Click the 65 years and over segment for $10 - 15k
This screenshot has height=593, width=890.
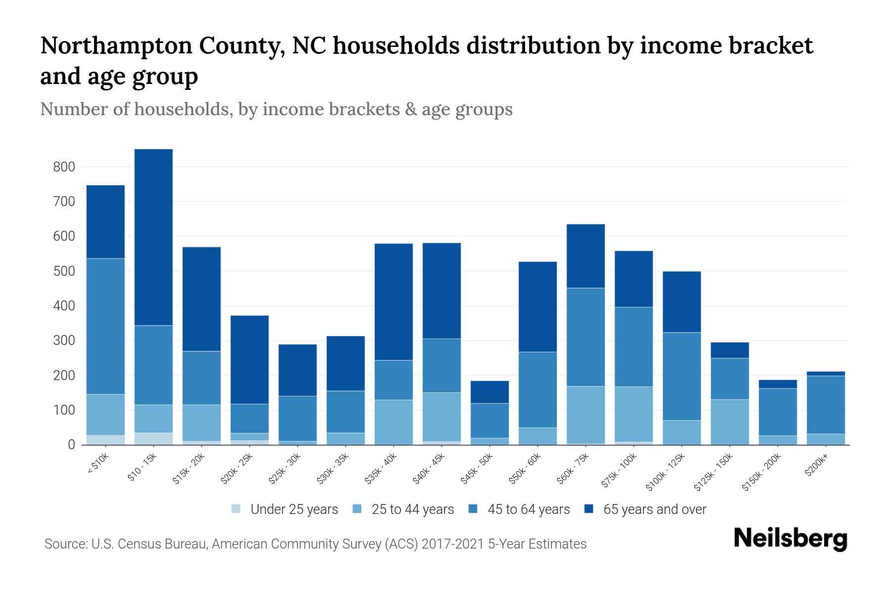point(153,237)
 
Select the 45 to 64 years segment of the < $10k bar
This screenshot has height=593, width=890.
point(105,326)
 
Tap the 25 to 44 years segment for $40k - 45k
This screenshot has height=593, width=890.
point(442,417)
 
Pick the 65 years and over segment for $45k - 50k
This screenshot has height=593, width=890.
point(489,392)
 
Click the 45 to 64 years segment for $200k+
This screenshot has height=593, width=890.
point(826,405)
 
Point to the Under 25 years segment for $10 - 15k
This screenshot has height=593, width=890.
point(153,439)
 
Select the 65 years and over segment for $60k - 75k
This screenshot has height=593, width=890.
point(585,256)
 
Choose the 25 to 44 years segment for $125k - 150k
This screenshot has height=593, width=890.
point(730,422)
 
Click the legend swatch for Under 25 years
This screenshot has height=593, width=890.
point(236,509)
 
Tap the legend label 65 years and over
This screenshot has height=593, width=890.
point(655,509)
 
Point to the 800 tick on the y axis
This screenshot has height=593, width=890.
point(64,167)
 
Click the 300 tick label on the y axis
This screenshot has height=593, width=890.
point(64,341)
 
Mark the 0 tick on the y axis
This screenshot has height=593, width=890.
point(71,445)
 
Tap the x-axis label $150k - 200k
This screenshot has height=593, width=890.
point(762,473)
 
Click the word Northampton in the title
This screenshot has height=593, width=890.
point(116,45)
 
